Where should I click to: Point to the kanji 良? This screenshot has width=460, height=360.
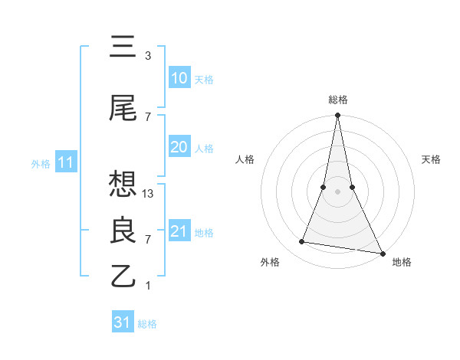(x=123, y=230)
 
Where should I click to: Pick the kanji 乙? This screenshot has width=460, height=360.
(x=123, y=275)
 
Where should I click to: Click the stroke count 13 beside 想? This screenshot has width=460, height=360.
(x=149, y=194)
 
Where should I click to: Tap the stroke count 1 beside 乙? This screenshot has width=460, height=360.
(x=148, y=286)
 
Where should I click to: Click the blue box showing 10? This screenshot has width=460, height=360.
(x=179, y=78)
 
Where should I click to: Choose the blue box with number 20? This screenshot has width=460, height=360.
(x=179, y=148)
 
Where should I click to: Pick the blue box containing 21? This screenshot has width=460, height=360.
(x=179, y=231)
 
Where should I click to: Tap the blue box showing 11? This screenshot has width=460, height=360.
(x=67, y=162)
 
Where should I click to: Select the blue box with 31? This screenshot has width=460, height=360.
(x=123, y=322)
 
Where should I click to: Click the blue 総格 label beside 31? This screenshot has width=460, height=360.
(x=147, y=324)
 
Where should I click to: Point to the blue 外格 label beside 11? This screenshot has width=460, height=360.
(x=41, y=163)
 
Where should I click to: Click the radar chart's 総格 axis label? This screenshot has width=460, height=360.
(x=337, y=100)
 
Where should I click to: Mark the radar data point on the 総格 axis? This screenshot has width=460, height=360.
(x=337, y=116)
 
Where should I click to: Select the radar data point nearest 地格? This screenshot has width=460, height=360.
(x=383, y=253)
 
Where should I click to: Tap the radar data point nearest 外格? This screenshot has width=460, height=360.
(x=302, y=242)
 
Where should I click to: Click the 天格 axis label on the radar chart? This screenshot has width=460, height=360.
(x=431, y=159)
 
